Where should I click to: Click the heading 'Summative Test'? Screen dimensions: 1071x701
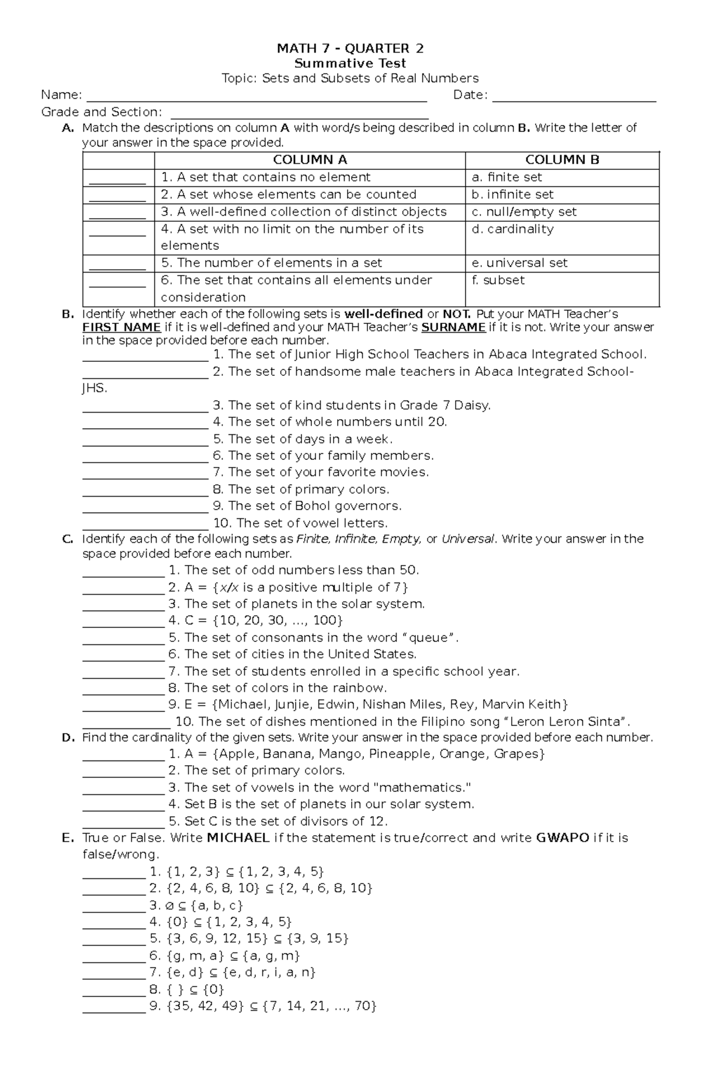tap(350, 63)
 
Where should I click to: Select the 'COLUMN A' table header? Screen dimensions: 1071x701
tap(310, 160)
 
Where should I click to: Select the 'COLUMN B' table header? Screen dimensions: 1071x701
tap(562, 160)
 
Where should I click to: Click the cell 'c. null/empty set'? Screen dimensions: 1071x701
tap(524, 212)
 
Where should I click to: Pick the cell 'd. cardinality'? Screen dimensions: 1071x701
tap(512, 229)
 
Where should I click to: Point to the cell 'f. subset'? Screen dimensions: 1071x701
tap(498, 280)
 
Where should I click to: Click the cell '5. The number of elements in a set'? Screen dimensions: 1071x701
tap(271, 263)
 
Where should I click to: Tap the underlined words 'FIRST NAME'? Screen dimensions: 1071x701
tap(122, 327)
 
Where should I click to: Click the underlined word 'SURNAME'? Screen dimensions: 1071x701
tap(453, 327)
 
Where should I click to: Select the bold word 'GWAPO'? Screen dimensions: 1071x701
tap(562, 838)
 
